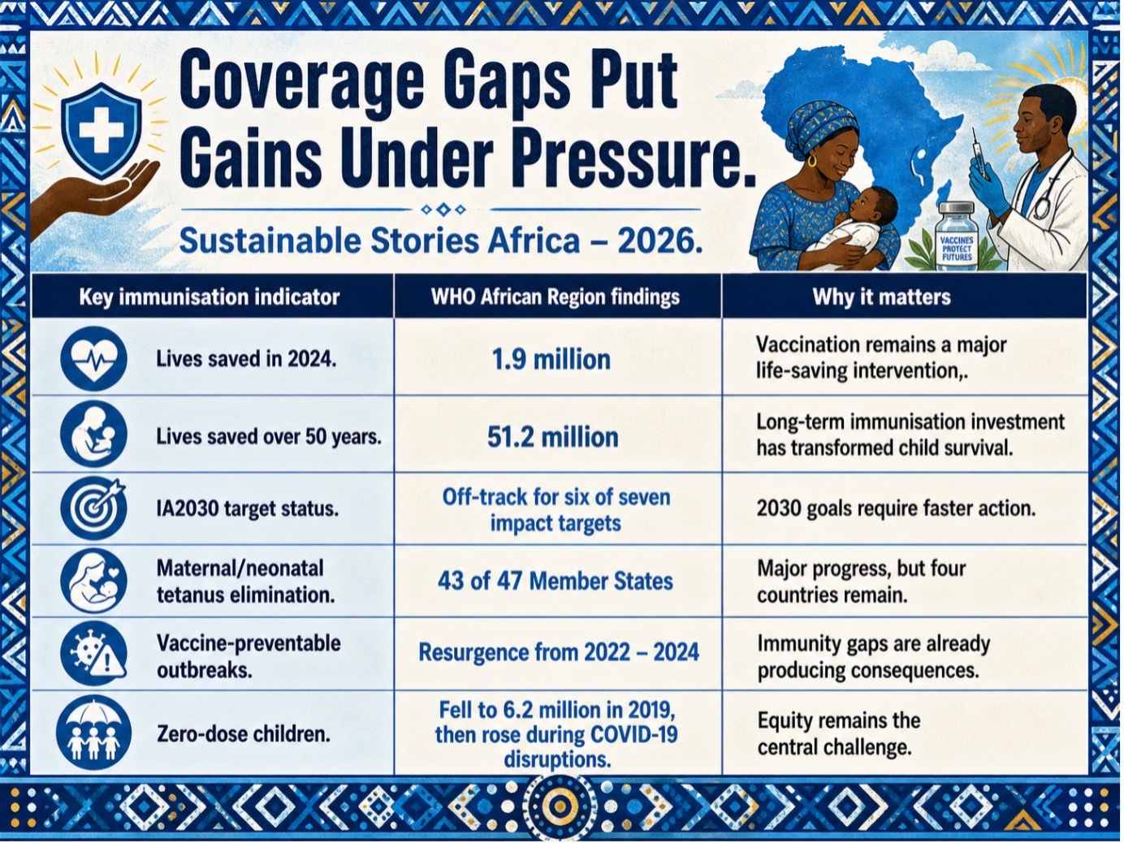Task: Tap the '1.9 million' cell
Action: [x=551, y=360]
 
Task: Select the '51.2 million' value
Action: [x=552, y=438]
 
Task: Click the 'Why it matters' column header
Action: [x=881, y=297]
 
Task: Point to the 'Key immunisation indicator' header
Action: [x=210, y=297]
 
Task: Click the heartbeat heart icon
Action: [x=93, y=359]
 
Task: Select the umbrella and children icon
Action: [x=93, y=733]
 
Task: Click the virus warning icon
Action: [x=93, y=654]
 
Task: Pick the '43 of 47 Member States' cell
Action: [x=555, y=581]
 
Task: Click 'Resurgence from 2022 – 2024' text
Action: [x=559, y=653]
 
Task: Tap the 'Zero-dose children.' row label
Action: [x=243, y=735]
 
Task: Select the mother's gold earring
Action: [x=812, y=162]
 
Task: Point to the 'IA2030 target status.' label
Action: [x=248, y=509]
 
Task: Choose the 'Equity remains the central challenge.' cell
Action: [x=838, y=734]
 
